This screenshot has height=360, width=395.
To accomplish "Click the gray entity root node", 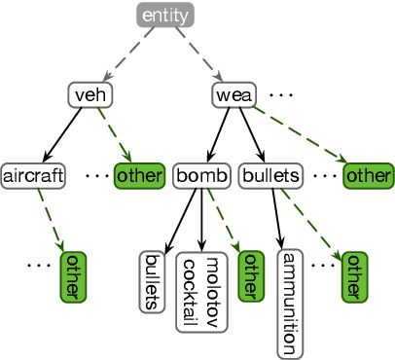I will [165, 16].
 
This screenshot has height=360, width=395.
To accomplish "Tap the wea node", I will [233, 95].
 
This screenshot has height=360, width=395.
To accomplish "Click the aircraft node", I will [33, 176].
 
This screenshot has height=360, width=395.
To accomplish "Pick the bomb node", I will [201, 176].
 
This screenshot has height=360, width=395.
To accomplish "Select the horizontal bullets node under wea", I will [269, 176].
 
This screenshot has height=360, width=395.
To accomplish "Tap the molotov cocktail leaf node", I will [202, 288].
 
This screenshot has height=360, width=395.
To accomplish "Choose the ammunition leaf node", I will [288, 303].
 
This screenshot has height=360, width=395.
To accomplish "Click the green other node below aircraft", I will [73, 276].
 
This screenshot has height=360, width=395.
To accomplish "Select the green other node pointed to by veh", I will [139, 176].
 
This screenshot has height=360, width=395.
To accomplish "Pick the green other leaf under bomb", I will [251, 275].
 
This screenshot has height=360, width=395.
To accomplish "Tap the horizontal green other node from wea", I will [369, 176].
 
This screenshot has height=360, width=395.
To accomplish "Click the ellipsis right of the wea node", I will [281, 95].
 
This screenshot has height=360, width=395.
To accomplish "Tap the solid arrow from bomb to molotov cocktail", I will [202, 220].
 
